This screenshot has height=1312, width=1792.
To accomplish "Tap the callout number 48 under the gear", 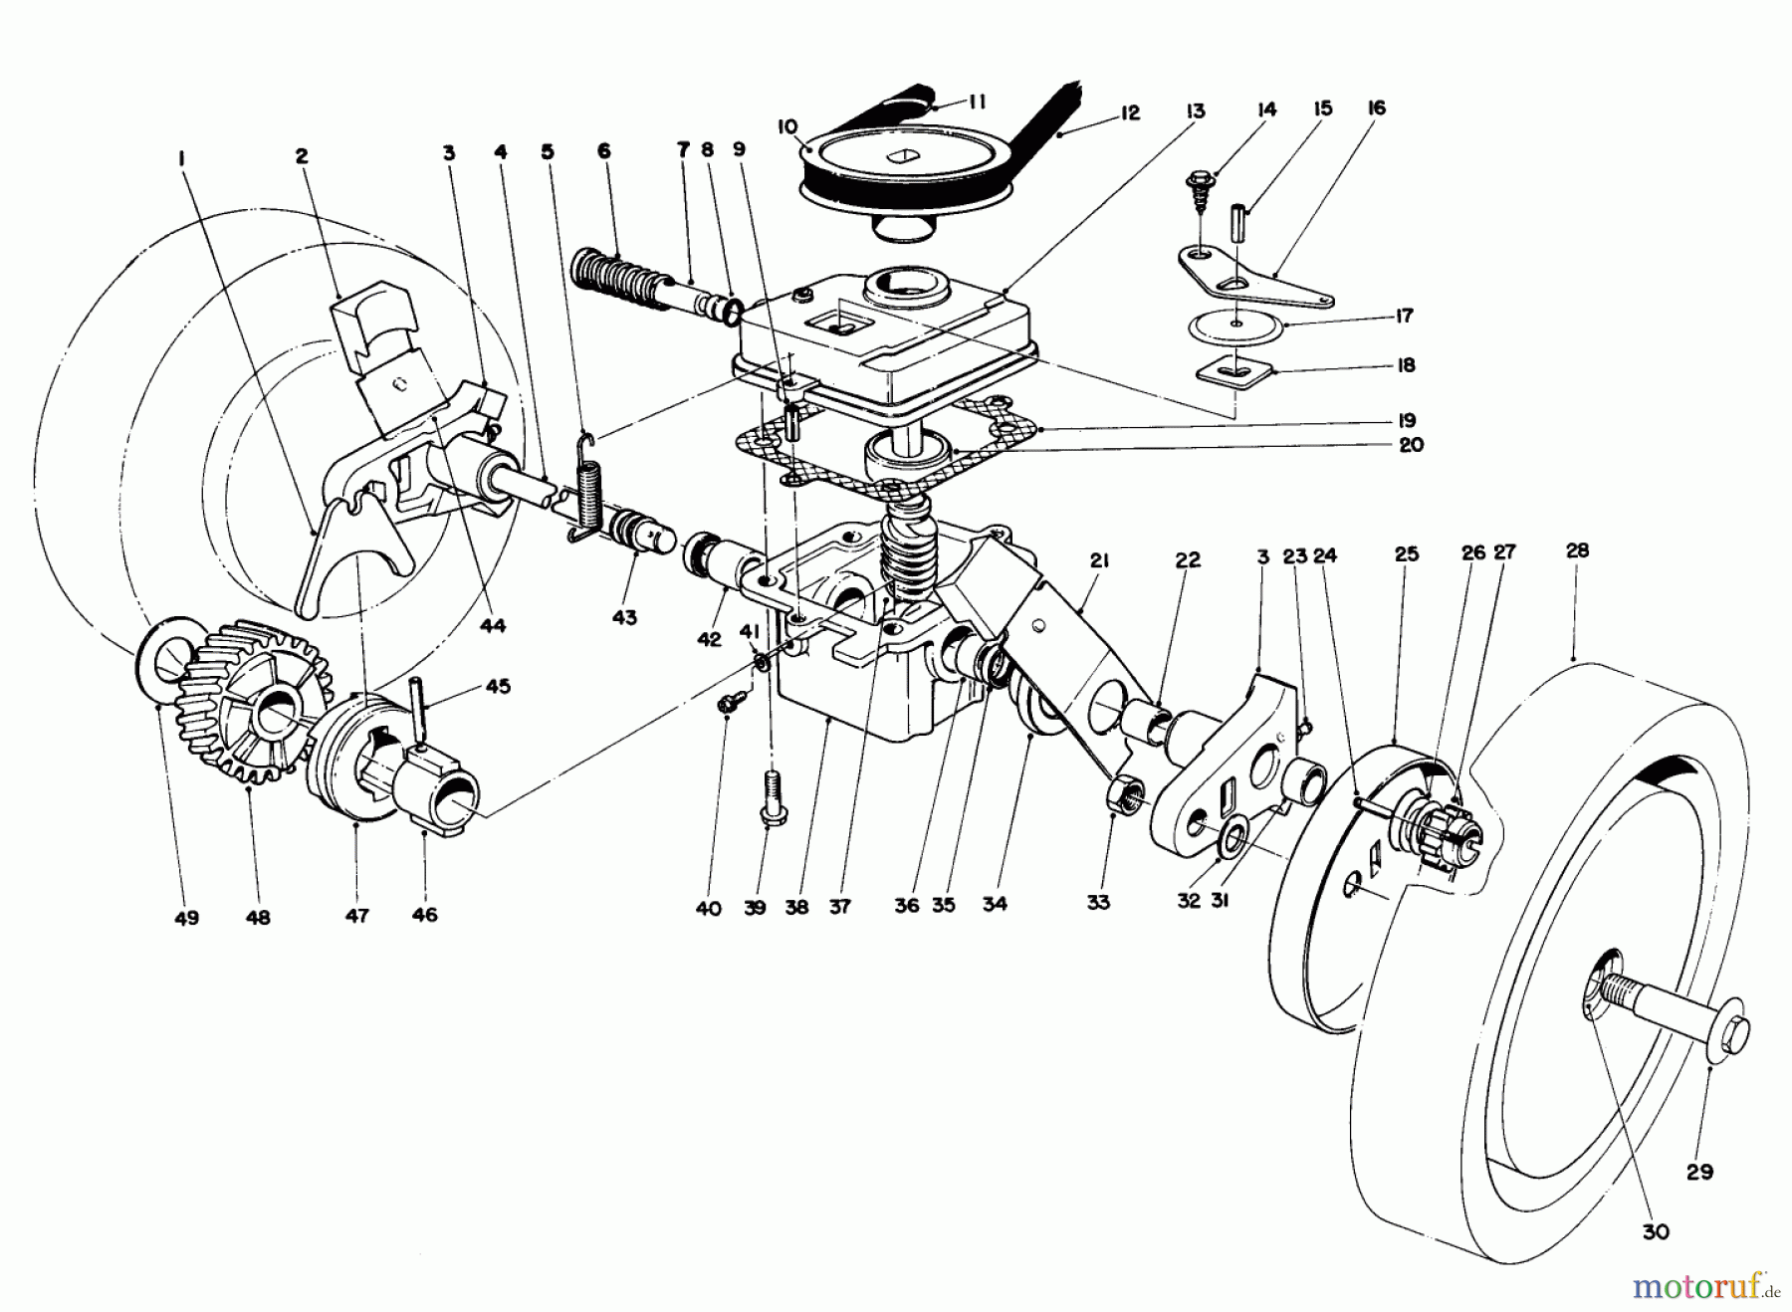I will pyautogui.click(x=257, y=918).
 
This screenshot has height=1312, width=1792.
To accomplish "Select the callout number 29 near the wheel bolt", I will pyautogui.click(x=1699, y=1172).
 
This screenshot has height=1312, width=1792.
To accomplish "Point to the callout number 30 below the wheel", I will pyautogui.click(x=1655, y=1231).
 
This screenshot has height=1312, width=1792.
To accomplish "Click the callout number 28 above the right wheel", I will pyautogui.click(x=1577, y=550).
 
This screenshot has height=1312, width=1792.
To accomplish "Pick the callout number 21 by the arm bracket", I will pyautogui.click(x=1098, y=560).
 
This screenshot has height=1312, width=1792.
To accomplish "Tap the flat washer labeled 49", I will pyautogui.click(x=159, y=657).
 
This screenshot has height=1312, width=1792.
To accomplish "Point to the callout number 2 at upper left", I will pyautogui.click(x=302, y=156).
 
